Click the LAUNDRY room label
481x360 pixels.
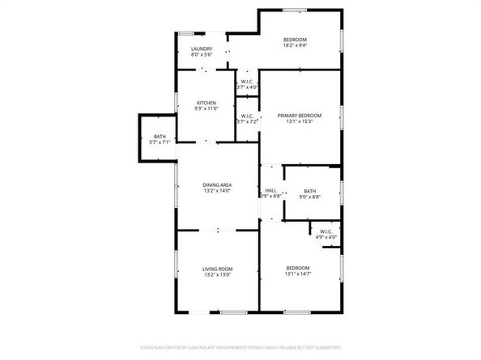[x=202, y=49]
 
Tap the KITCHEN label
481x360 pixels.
[x=206, y=103]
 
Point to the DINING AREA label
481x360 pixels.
[x=216, y=185]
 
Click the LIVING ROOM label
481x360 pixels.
[x=217, y=269]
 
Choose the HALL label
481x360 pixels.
[x=270, y=190]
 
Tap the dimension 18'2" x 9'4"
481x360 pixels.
[x=295, y=46]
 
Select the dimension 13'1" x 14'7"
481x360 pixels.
[x=298, y=273]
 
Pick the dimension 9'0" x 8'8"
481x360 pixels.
[x=309, y=197]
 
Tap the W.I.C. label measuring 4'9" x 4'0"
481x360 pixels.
[x=326, y=232]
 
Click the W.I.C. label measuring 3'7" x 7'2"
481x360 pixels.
[x=247, y=116]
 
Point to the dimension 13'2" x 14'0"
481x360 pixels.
[x=216, y=191]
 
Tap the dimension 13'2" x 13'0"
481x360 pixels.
[x=217, y=274]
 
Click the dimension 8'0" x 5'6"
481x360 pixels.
[x=202, y=55]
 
